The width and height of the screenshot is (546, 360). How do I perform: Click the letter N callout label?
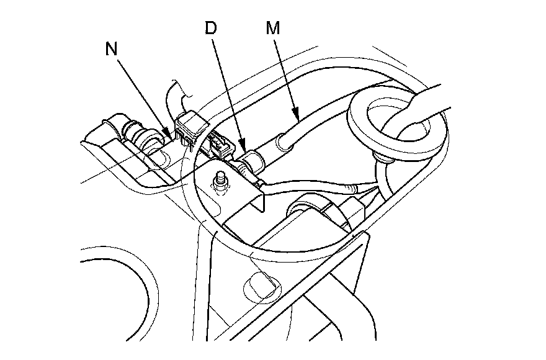[112, 50]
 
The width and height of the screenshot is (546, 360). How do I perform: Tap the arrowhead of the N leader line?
[171, 134]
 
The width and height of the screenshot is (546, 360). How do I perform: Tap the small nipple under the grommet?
[383, 159]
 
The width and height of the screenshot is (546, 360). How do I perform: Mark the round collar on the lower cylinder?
[307, 208]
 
